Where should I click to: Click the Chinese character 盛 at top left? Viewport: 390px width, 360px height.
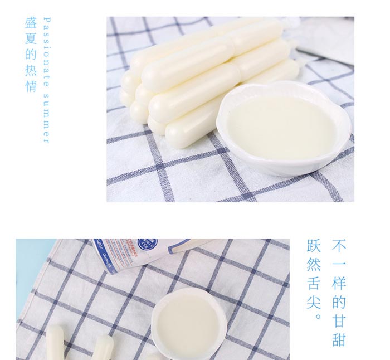(x=31, y=24)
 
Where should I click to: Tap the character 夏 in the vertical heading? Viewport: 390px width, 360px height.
(x=31, y=40)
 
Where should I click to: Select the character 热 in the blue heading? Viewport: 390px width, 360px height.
(x=31, y=71)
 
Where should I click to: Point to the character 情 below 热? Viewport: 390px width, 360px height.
(x=31, y=86)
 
